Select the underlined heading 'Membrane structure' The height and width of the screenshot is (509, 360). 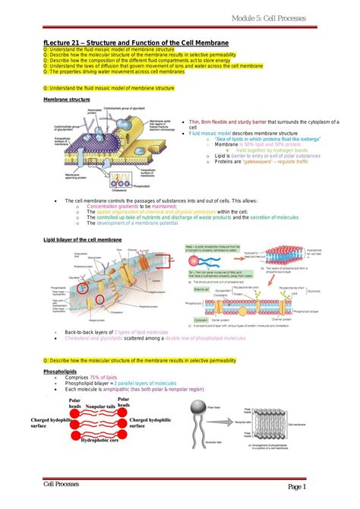(x=65, y=100)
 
